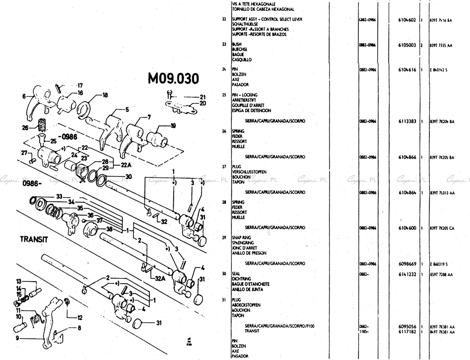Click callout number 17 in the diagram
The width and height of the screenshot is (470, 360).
click(80, 85)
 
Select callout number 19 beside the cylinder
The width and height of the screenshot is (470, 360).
click(173, 126)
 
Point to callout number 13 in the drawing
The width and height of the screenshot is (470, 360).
click(18, 281)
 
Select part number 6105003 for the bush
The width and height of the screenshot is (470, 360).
click(407, 45)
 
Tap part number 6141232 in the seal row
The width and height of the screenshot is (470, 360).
click(407, 274)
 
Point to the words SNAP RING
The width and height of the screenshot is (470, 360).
click(243, 238)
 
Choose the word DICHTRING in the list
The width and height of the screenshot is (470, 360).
click(243, 279)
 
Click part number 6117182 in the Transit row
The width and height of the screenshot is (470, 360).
click(407, 331)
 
